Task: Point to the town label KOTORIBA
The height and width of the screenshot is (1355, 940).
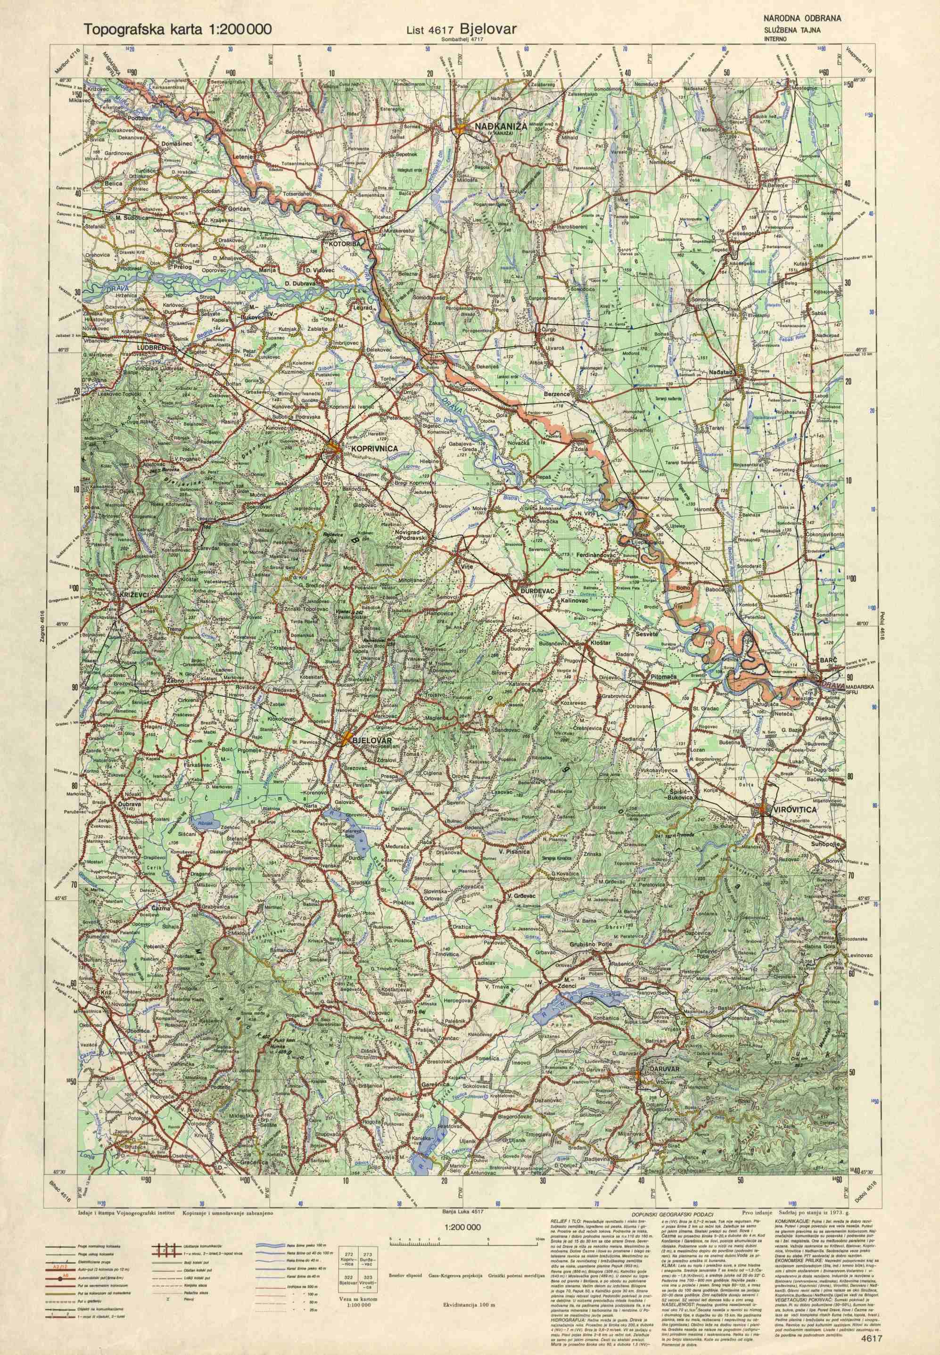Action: point(338,242)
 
